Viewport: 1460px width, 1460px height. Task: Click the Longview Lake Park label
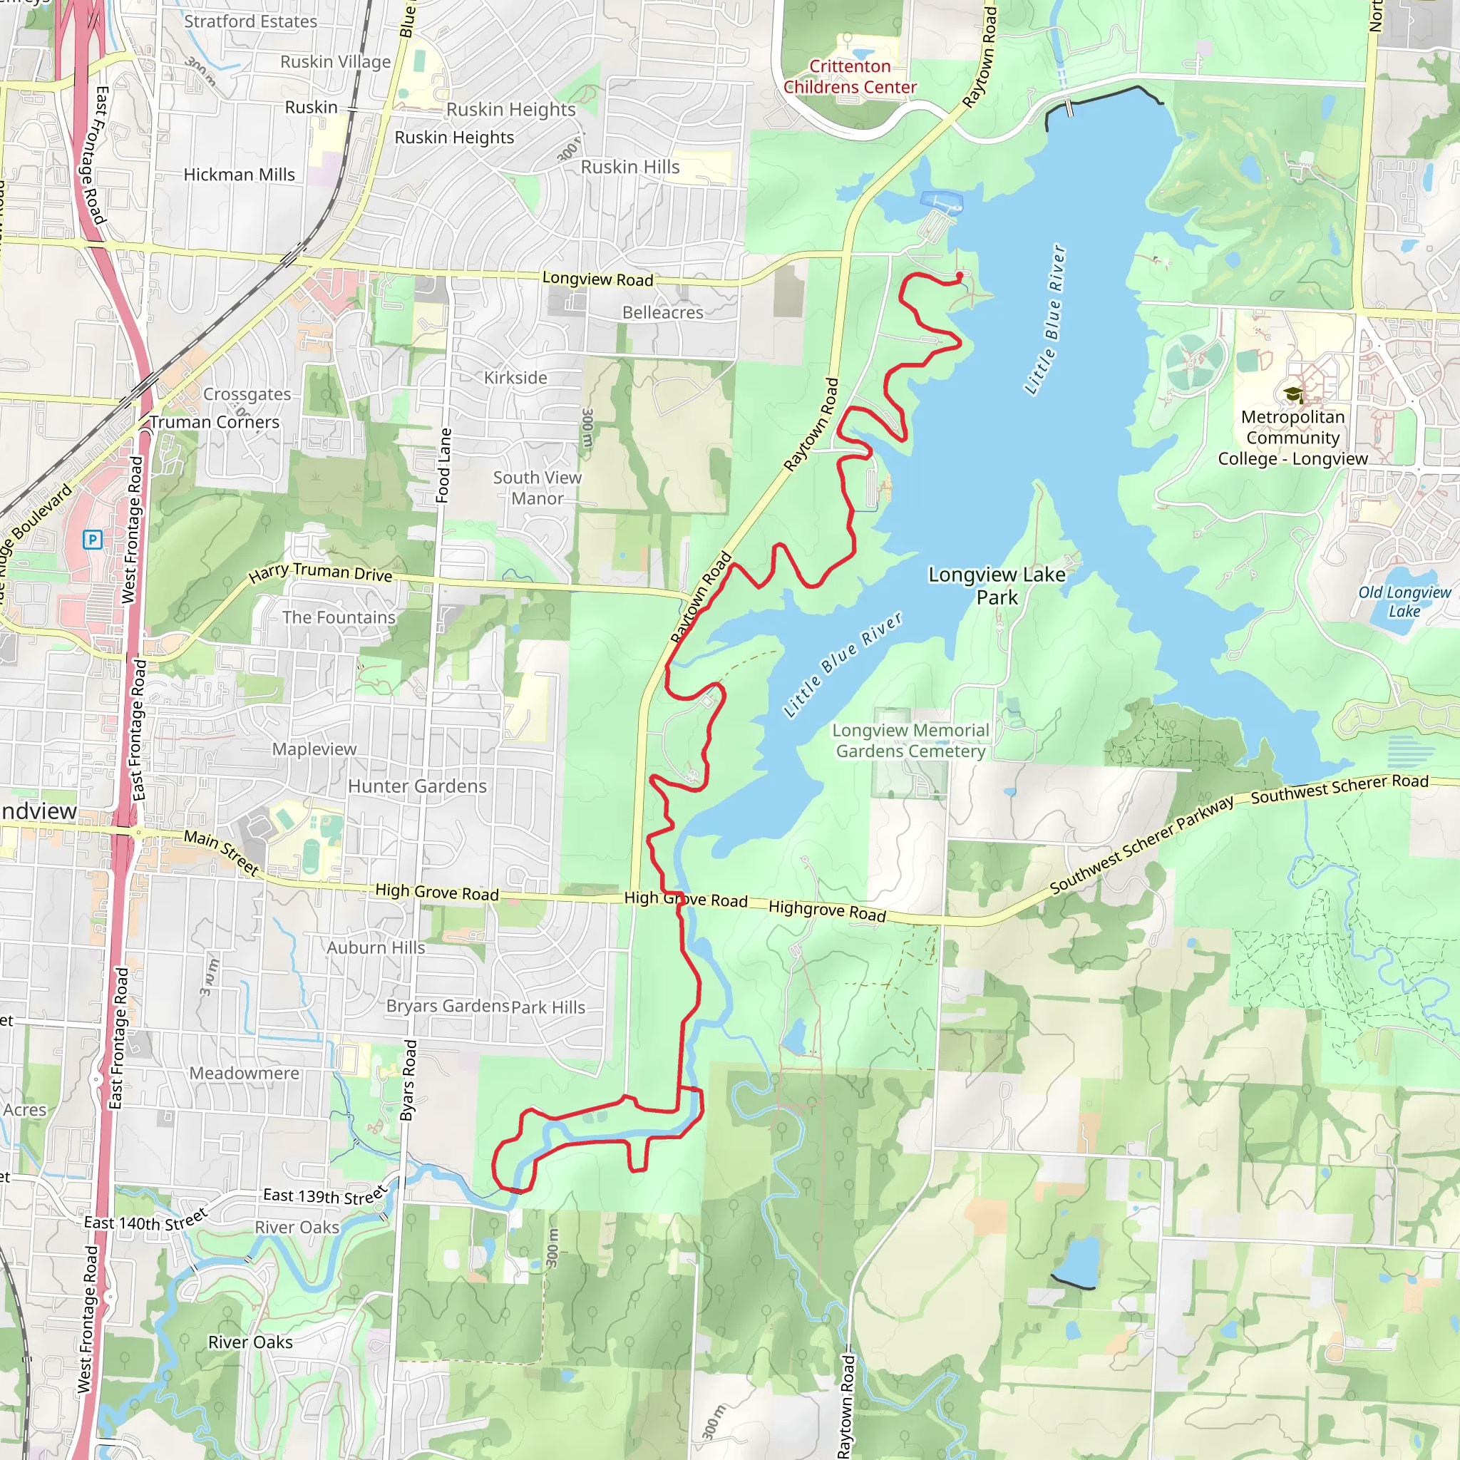pos(996,586)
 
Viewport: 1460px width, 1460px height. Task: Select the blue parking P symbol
pos(92,539)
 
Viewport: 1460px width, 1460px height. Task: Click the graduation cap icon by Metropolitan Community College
pos(1293,394)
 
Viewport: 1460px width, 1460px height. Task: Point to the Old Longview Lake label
pos(1404,602)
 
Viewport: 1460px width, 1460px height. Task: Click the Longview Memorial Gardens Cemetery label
pos(910,741)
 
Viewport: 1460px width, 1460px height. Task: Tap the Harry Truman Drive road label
pos(320,573)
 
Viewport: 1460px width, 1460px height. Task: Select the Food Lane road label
pos(443,465)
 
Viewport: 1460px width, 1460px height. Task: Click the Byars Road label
pos(408,1080)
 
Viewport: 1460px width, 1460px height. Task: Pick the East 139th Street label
pos(325,1196)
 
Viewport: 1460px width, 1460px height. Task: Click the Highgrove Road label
pos(827,910)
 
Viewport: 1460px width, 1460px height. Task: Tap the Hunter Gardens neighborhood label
pos(417,786)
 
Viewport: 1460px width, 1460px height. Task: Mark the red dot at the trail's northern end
pos(959,275)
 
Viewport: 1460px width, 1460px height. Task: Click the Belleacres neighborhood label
pos(662,312)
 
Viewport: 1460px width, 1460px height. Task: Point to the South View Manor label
pos(537,488)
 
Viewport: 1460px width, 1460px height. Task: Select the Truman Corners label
pos(214,422)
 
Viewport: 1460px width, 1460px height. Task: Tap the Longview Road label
pos(597,279)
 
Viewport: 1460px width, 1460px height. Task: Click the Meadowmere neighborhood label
pos(244,1072)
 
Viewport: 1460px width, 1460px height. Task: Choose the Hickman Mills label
pos(239,175)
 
